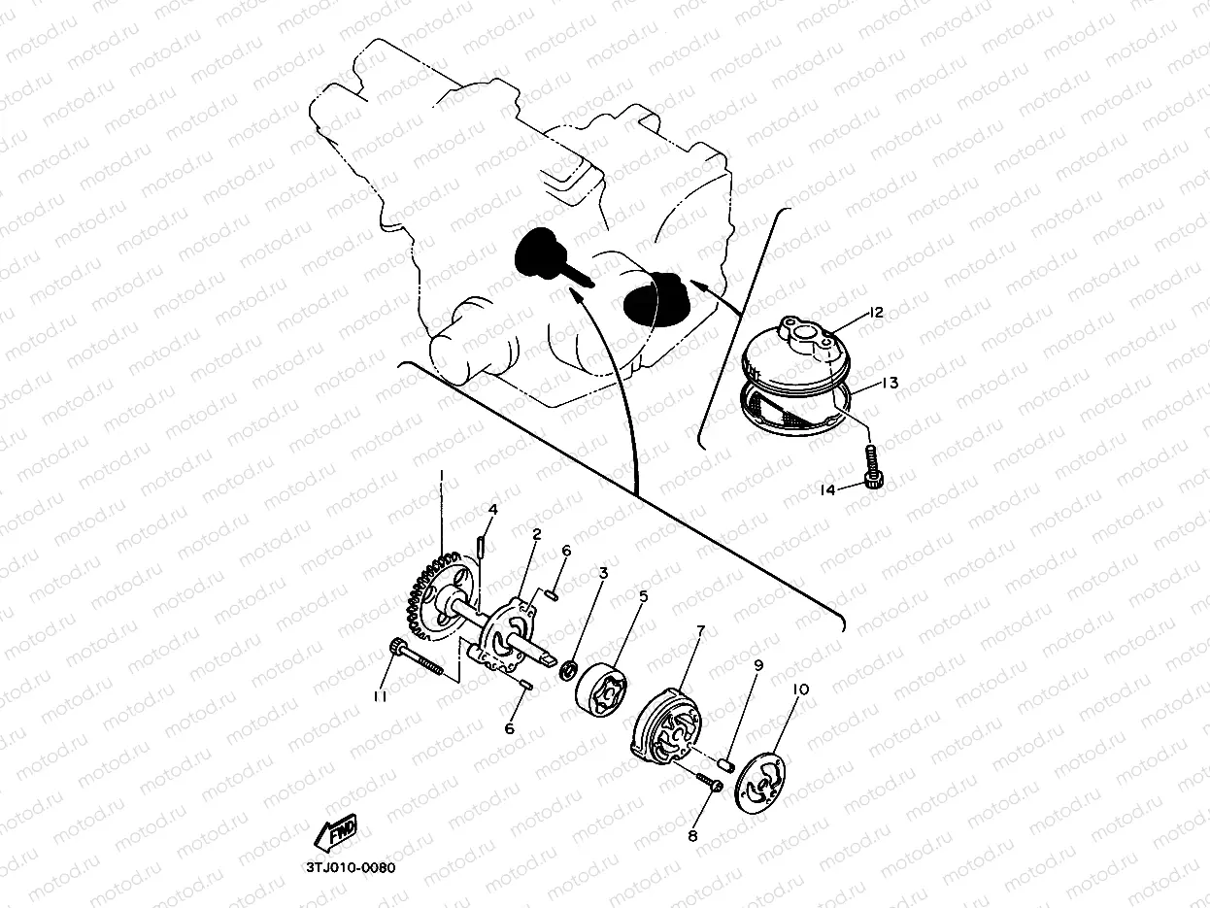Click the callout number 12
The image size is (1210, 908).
tap(875, 313)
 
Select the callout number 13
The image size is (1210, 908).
tap(890, 382)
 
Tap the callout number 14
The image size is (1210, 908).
tap(828, 489)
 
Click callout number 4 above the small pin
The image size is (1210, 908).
tap(492, 510)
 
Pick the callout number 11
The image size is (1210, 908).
tap(380, 697)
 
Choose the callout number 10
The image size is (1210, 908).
tap(800, 689)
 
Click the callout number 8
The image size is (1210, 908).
tap(693, 836)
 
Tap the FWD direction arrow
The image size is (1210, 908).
tap(336, 831)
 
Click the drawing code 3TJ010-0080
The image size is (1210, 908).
tap(351, 868)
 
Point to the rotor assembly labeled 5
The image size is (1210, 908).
tap(601, 689)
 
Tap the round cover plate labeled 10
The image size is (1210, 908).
tap(760, 783)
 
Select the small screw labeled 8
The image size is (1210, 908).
tap(710, 783)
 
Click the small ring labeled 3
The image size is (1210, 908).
tap(568, 672)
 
